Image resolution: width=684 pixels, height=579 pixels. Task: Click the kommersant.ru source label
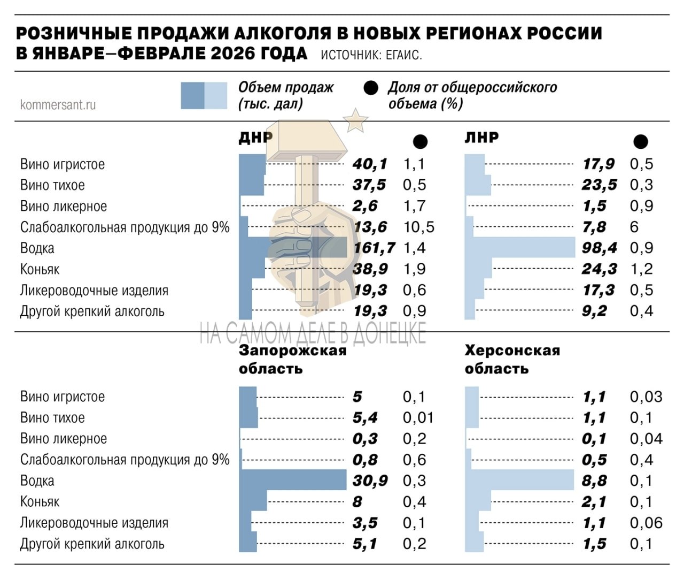pyautogui.click(x=58, y=104)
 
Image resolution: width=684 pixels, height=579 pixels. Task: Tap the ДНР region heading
pyautogui.click(x=255, y=138)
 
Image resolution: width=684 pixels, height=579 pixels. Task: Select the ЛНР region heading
pyautogui.click(x=481, y=138)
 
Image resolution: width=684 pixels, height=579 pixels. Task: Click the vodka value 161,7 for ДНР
pyautogui.click(x=375, y=248)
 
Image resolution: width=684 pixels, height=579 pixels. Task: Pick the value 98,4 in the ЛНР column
pyautogui.click(x=599, y=248)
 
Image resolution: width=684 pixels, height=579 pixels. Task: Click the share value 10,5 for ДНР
pyautogui.click(x=419, y=227)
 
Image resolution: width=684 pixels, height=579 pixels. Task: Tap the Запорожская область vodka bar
pyautogui.click(x=293, y=480)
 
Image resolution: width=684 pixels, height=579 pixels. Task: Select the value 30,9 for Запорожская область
pyautogui.click(x=370, y=481)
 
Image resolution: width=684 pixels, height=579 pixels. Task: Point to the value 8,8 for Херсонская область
pyautogui.click(x=594, y=481)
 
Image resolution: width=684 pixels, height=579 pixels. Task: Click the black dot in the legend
pyautogui.click(x=371, y=88)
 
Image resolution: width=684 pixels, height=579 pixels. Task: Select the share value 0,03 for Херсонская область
pyautogui.click(x=646, y=397)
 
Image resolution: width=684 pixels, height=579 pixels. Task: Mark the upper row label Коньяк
pyautogui.click(x=40, y=269)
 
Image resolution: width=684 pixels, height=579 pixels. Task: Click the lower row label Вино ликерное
pyautogui.click(x=64, y=439)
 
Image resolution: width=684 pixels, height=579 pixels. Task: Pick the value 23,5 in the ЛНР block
pyautogui.click(x=599, y=185)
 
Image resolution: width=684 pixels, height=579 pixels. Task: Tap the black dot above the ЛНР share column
pyautogui.click(x=641, y=141)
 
